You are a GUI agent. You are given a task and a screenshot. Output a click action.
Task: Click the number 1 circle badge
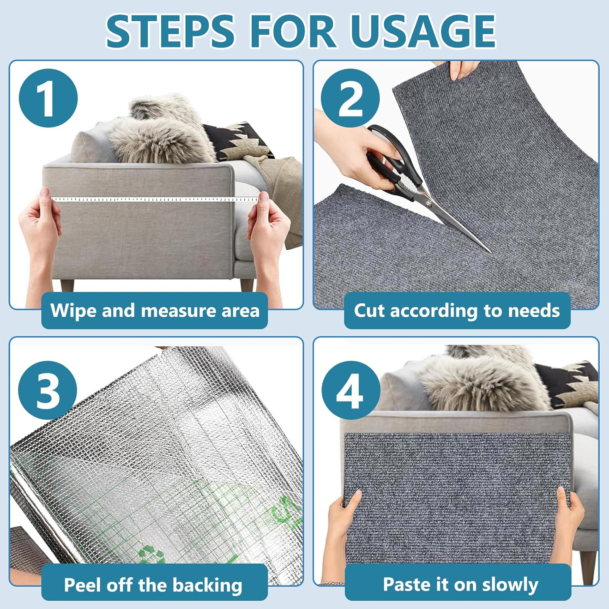coord(48,98)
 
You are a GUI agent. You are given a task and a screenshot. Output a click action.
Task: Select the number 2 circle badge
coord(350,98)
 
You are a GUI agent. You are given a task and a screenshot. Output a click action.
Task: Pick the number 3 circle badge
coord(48,390)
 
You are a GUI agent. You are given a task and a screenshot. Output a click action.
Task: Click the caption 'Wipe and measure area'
coord(155,311)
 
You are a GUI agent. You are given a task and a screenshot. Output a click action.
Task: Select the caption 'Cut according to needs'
coord(457,311)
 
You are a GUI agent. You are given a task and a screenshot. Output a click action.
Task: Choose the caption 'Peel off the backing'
coord(153,585)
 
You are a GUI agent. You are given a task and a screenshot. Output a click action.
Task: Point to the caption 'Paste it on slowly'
coord(460,585)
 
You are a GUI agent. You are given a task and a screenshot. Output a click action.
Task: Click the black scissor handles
coord(386,158)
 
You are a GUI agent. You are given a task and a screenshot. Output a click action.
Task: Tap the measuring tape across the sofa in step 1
coord(154,199)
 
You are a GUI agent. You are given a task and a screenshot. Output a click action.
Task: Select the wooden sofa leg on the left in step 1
coord(67,285)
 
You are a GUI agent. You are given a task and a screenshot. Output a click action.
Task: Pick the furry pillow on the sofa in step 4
coord(479,382)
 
